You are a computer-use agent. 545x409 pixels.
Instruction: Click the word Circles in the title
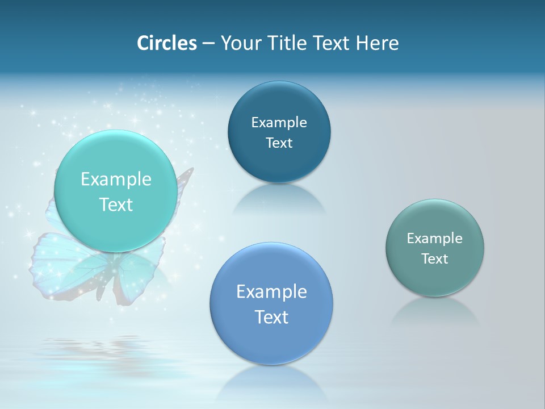(167, 43)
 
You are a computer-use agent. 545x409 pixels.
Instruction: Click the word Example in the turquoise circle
(116, 180)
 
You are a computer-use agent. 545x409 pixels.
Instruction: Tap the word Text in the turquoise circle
(116, 204)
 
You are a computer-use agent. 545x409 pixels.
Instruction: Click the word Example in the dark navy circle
(279, 122)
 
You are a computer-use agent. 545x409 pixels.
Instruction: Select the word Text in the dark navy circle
(279, 143)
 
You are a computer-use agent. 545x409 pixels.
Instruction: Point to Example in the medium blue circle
(271, 291)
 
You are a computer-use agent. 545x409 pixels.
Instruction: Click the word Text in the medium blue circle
(271, 316)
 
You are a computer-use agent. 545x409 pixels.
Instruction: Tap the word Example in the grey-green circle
(435, 238)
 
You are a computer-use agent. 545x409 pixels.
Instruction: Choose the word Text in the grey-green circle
(435, 258)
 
